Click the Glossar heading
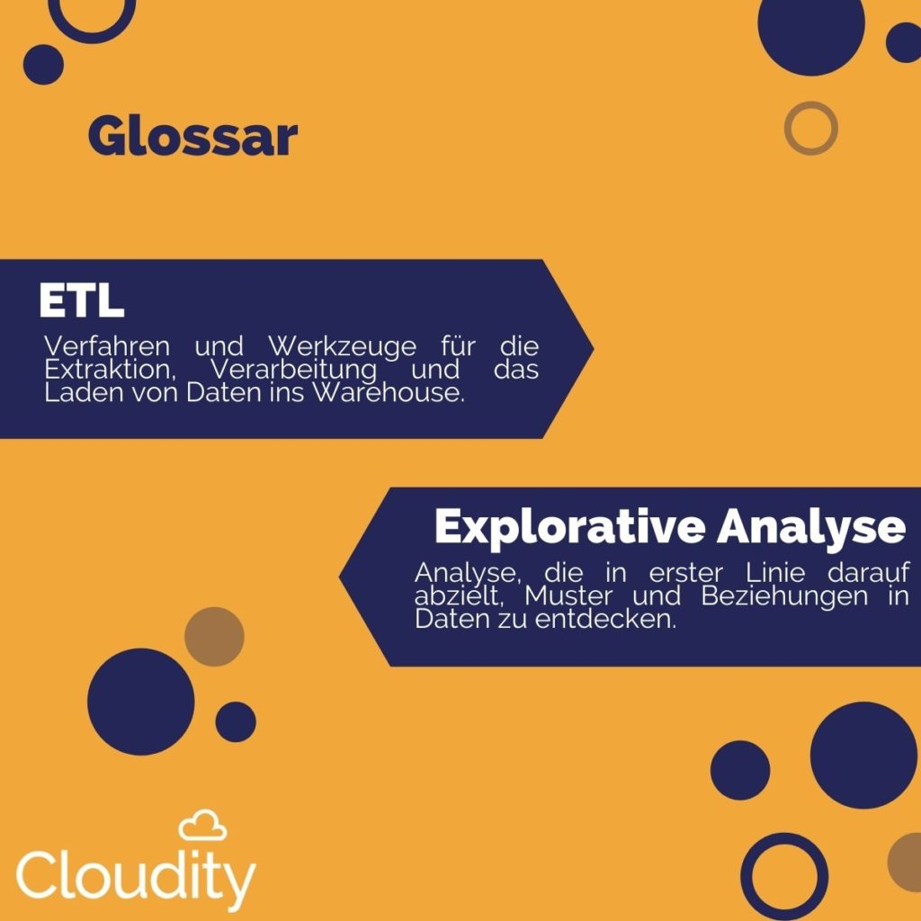(x=192, y=138)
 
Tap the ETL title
(x=82, y=300)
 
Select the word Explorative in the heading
(x=569, y=527)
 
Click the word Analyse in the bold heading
(x=811, y=526)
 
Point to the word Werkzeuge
(x=343, y=346)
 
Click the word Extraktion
(x=111, y=370)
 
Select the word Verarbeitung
(x=294, y=370)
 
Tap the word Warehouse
(x=389, y=392)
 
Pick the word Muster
(x=568, y=595)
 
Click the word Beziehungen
(x=784, y=597)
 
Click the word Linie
(x=775, y=572)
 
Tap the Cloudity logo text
(x=136, y=879)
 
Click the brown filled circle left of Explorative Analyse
(x=214, y=637)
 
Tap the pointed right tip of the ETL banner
(x=594, y=349)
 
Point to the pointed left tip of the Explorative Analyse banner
(x=339, y=577)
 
